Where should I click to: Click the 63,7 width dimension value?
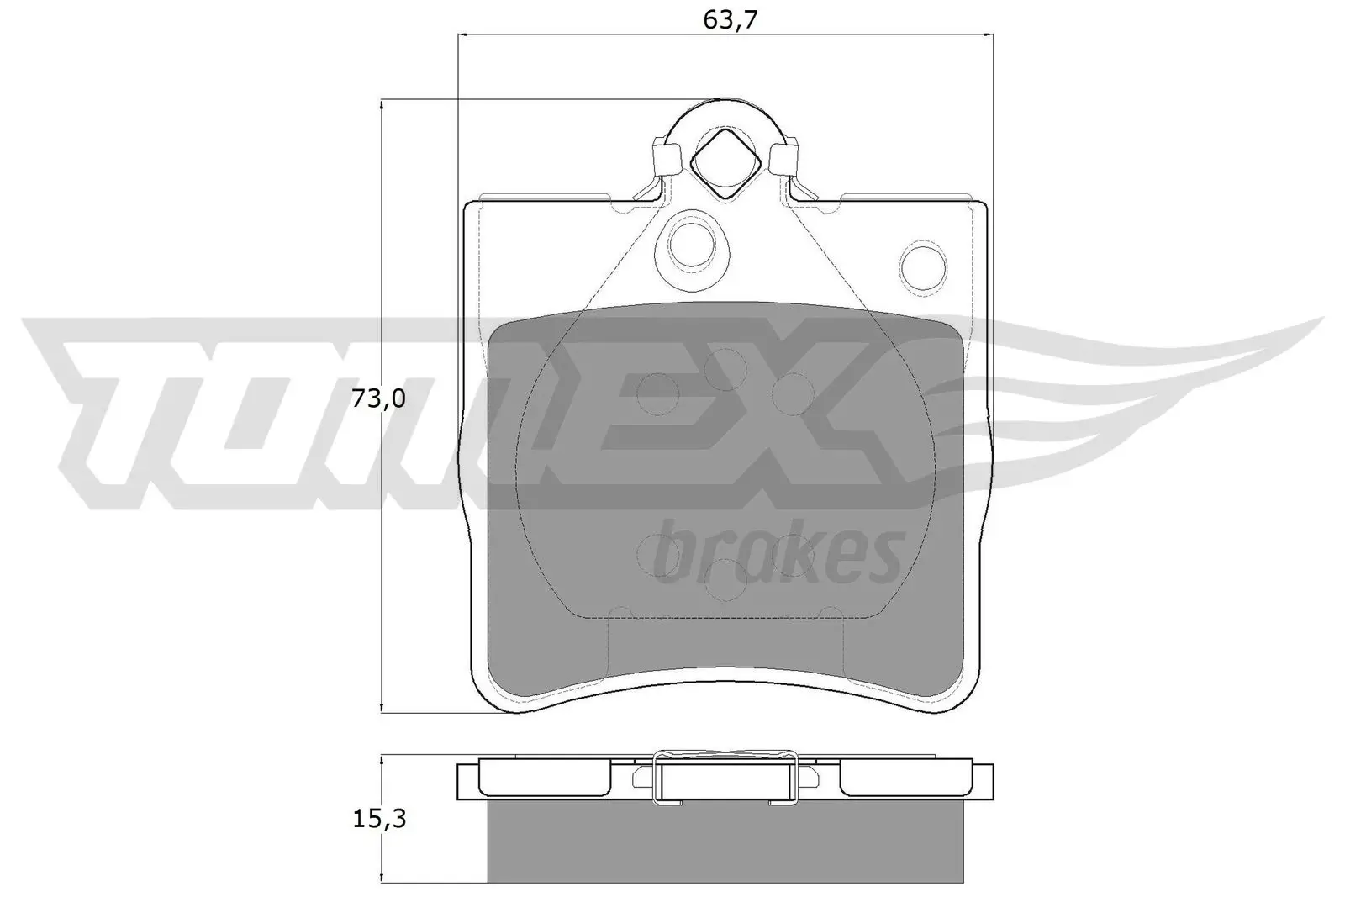pyautogui.click(x=725, y=19)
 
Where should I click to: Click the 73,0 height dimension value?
pyautogui.click(x=377, y=398)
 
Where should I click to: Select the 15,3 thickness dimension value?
pyautogui.click(x=377, y=818)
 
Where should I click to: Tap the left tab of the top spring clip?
pyautogui.click(x=667, y=157)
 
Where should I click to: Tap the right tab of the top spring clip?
pyautogui.click(x=783, y=157)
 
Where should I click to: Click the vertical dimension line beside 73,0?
pyautogui.click(x=382, y=546)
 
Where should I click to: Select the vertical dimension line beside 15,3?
pyautogui.click(x=382, y=857)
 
